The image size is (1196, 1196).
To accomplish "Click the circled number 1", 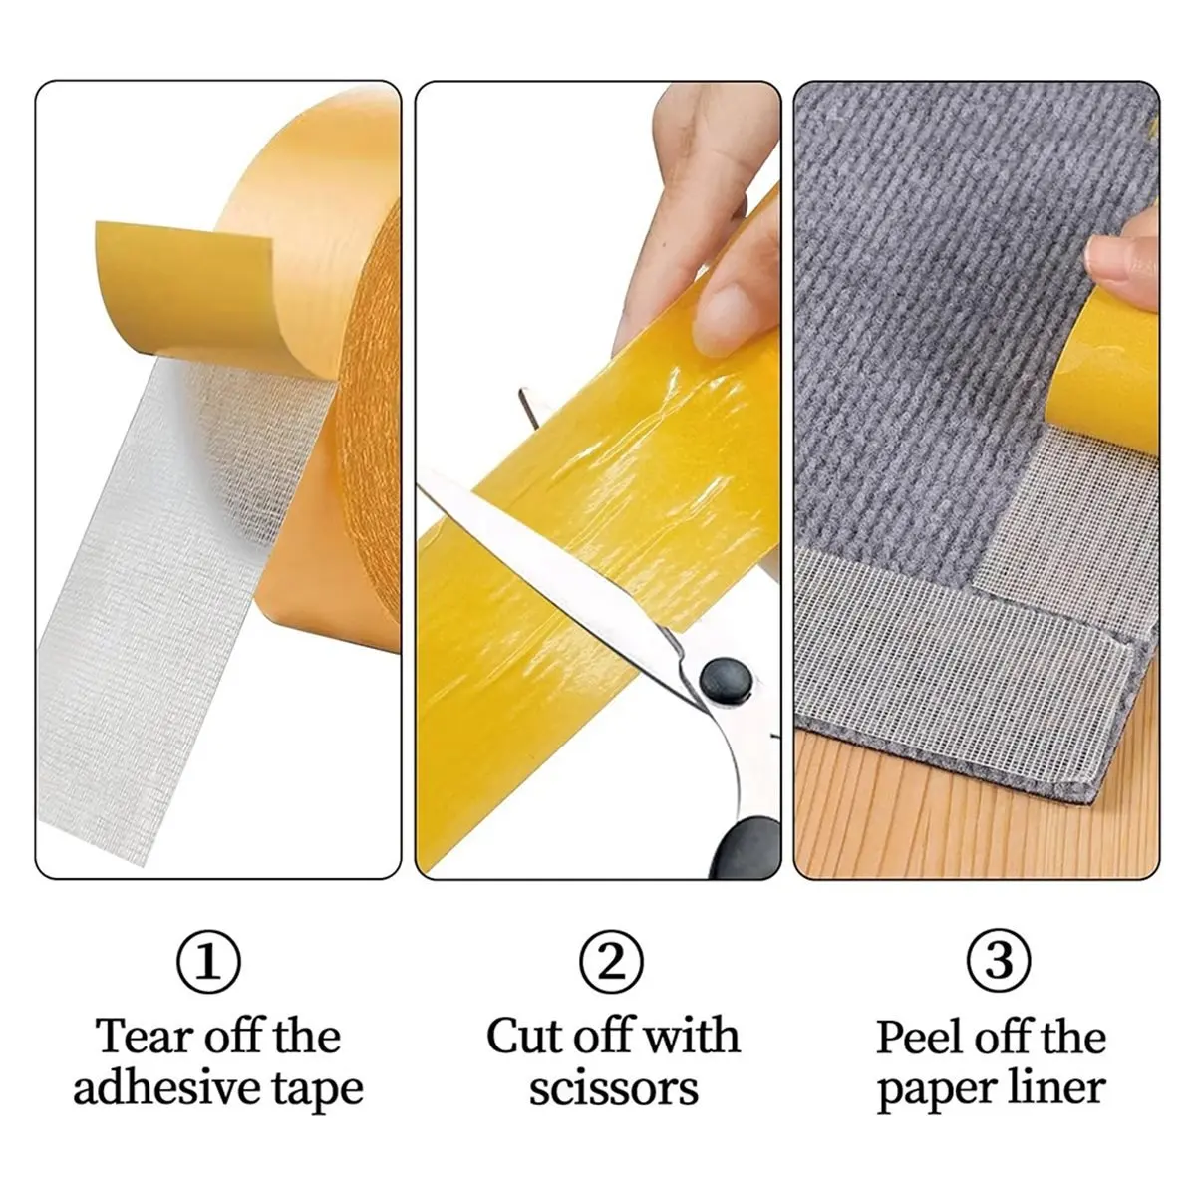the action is click(x=208, y=962).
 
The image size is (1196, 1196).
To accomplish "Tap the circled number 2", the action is click(x=611, y=962).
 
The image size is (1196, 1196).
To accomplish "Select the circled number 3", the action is click(x=999, y=962).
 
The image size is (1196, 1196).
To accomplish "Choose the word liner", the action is click(x=1057, y=1106).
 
